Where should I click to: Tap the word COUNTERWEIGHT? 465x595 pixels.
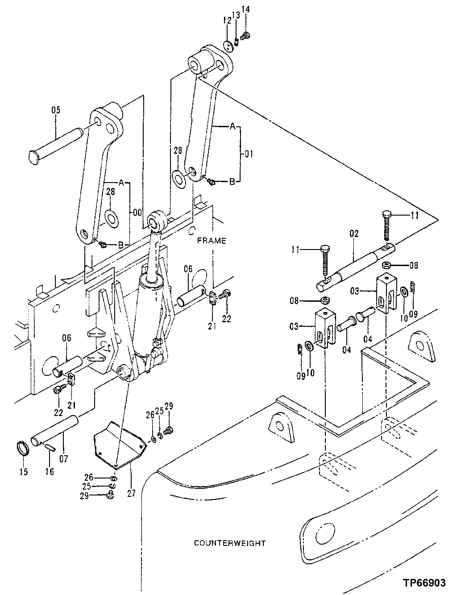click(x=230, y=543)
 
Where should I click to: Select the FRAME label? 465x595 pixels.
click(x=212, y=241)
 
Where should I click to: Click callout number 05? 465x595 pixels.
click(x=55, y=110)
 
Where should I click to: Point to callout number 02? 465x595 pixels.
click(x=354, y=233)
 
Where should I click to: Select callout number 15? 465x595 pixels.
click(x=23, y=471)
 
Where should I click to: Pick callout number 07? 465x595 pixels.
click(x=64, y=458)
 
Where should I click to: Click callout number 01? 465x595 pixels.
click(x=249, y=154)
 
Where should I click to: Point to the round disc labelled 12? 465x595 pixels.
click(x=229, y=45)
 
